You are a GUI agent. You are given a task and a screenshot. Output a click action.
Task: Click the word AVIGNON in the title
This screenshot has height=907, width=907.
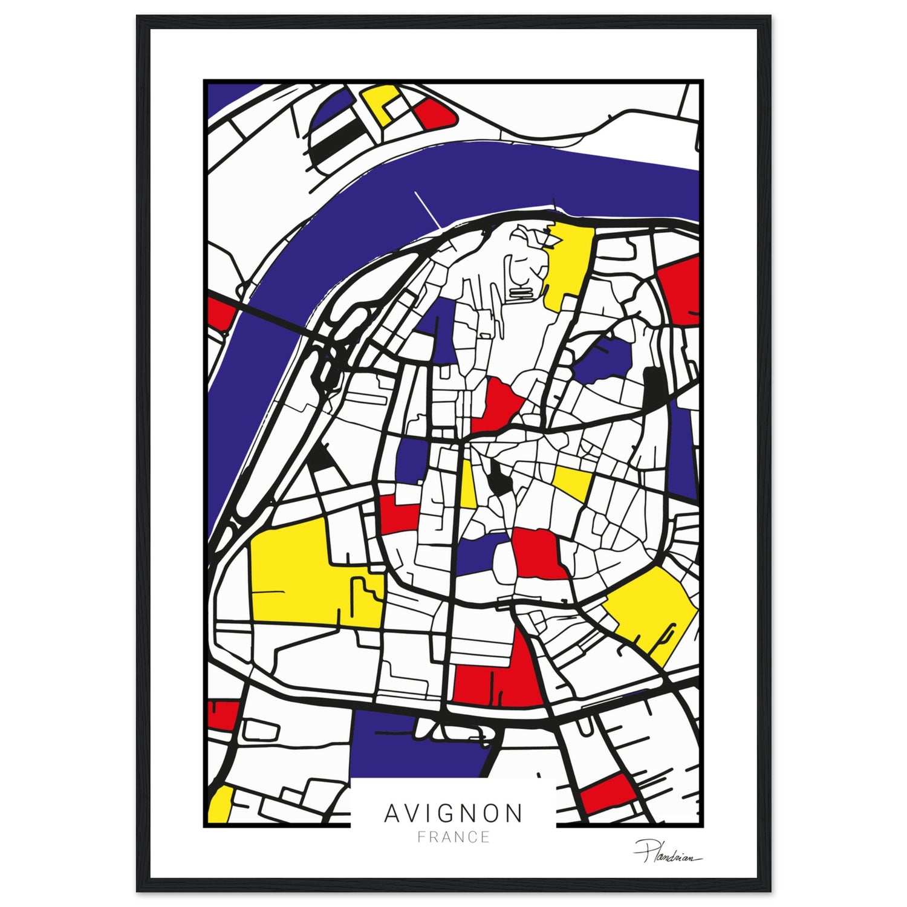(x=453, y=812)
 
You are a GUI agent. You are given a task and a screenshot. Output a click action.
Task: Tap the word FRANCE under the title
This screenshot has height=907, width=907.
(x=453, y=837)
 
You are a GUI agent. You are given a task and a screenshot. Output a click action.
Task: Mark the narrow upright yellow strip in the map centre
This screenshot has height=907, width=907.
(x=467, y=484)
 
